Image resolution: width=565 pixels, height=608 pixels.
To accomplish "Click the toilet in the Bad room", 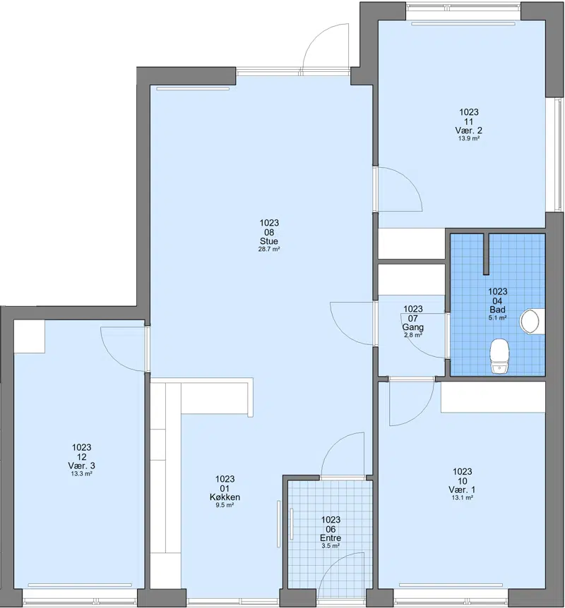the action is pyautogui.click(x=499, y=356).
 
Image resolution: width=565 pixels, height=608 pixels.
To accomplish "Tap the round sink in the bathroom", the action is pyautogui.click(x=530, y=321).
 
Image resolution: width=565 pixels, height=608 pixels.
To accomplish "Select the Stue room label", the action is pyautogui.click(x=269, y=241).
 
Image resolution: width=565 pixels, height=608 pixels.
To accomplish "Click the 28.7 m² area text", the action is pyautogui.click(x=269, y=249).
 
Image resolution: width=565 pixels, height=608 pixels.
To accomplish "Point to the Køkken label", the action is pyautogui.click(x=225, y=497).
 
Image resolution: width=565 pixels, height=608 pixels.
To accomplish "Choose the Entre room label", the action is pyautogui.click(x=331, y=537).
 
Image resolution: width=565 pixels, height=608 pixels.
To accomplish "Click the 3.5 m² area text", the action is pyautogui.click(x=331, y=546).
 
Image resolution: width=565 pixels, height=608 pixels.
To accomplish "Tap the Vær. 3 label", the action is pyautogui.click(x=81, y=466).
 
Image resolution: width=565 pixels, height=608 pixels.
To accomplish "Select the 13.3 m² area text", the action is pyautogui.click(x=81, y=473).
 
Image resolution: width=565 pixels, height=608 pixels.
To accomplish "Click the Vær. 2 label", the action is pyautogui.click(x=469, y=130).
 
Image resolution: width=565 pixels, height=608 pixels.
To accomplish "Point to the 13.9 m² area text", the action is pyautogui.click(x=469, y=138).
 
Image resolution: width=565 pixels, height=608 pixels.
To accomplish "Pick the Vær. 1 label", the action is pyautogui.click(x=462, y=490).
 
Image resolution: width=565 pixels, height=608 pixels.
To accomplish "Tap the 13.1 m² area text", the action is pyautogui.click(x=462, y=498).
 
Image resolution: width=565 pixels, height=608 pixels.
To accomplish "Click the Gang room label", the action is pyautogui.click(x=412, y=327).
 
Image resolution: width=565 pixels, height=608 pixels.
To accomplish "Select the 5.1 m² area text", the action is pyautogui.click(x=497, y=318).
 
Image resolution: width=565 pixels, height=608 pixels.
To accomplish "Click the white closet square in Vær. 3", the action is pyautogui.click(x=30, y=336).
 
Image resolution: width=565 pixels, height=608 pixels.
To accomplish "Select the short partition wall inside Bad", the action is pyautogui.click(x=486, y=254).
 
